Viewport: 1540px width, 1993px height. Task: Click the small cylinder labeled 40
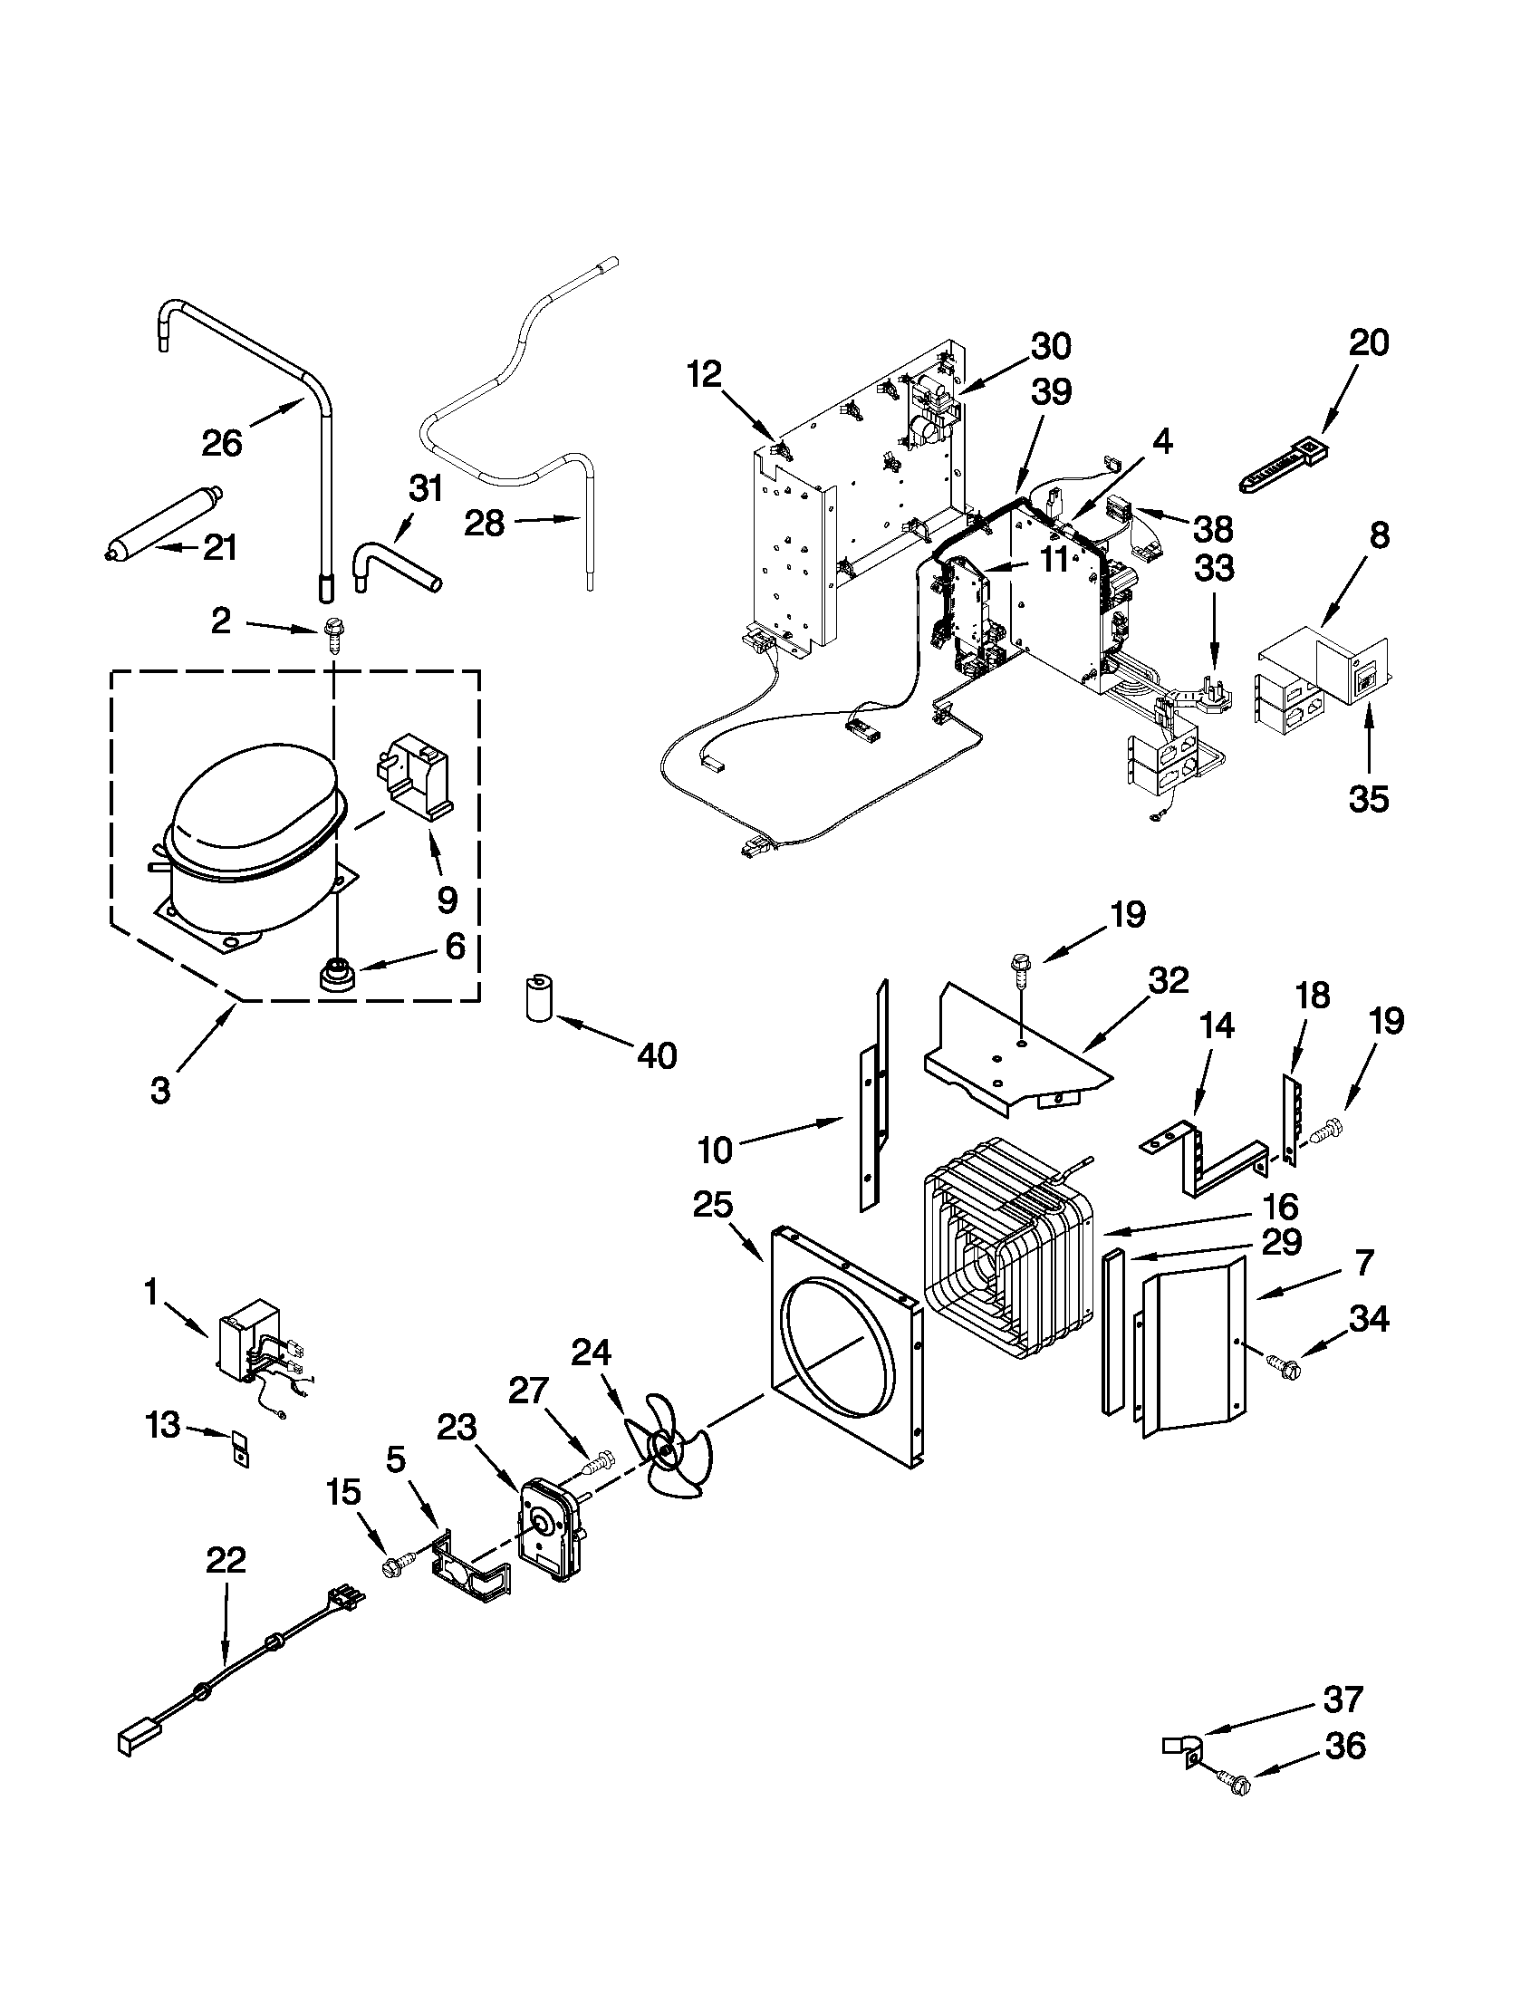(540, 999)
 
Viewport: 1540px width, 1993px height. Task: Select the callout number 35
(1369, 798)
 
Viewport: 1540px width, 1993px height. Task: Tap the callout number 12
(705, 374)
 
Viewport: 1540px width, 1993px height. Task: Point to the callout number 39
(1051, 392)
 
